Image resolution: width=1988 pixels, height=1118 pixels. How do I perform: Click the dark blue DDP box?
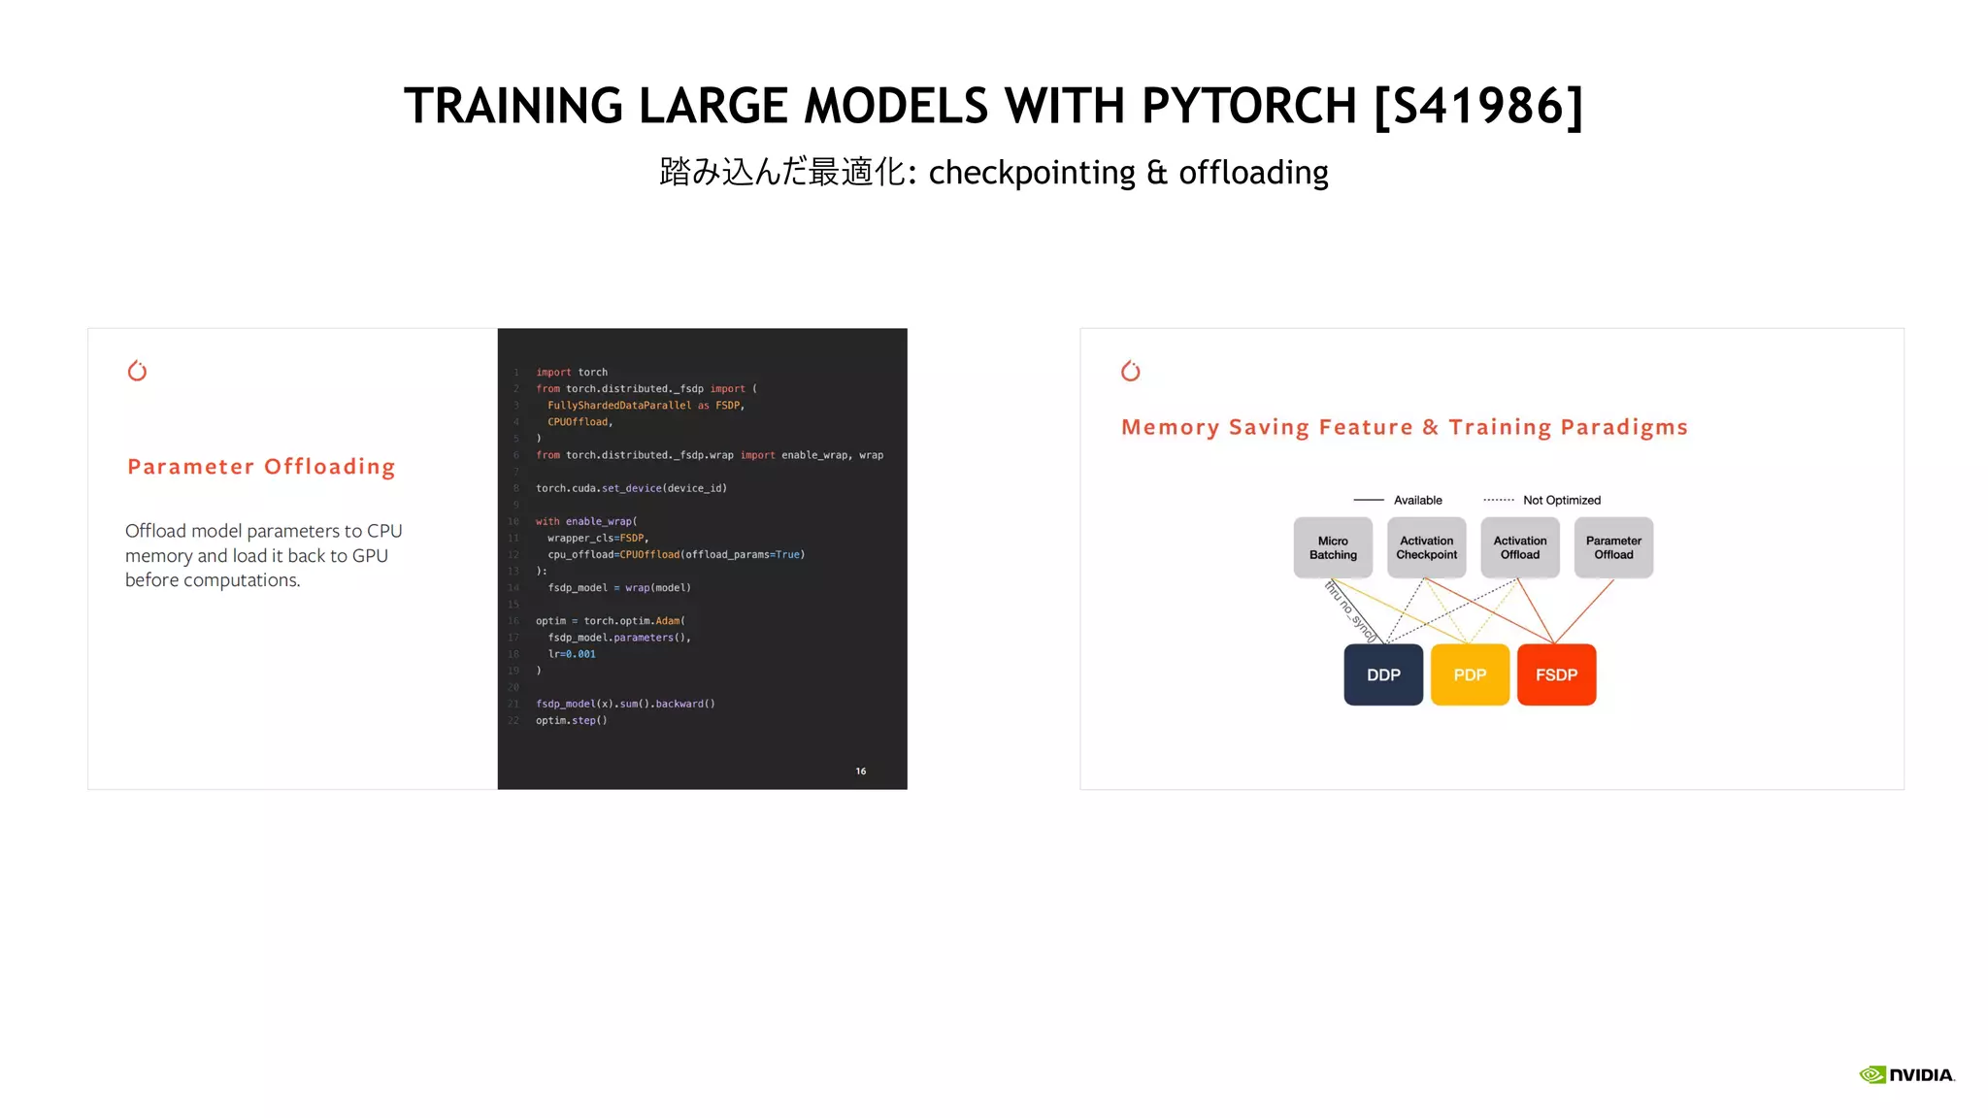pyautogui.click(x=1383, y=674)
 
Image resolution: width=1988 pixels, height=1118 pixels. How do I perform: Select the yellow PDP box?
pyautogui.click(x=1470, y=674)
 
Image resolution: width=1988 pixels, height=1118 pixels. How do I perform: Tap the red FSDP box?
pyautogui.click(x=1556, y=674)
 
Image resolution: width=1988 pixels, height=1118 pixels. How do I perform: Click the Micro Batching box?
pyautogui.click(x=1333, y=548)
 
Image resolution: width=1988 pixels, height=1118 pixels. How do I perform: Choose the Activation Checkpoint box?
pyautogui.click(x=1426, y=548)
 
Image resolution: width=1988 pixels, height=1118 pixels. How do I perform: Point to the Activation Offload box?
pyautogui.click(x=1520, y=548)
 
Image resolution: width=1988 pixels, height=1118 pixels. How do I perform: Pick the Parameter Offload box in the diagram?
pyautogui.click(x=1613, y=548)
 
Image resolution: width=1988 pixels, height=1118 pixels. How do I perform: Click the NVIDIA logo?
pyautogui.click(x=1906, y=1074)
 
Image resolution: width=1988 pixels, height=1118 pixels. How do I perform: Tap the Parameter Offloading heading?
pyautogui.click(x=261, y=467)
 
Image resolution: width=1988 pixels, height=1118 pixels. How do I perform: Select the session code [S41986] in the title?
pyautogui.click(x=1478, y=106)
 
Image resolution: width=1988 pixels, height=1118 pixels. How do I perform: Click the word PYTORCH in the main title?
pyautogui.click(x=1248, y=106)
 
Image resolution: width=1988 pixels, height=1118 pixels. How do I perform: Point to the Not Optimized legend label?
pyautogui.click(x=1561, y=501)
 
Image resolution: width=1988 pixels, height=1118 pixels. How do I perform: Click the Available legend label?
pyautogui.click(x=1417, y=501)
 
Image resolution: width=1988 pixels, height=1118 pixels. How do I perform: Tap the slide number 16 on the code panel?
pyautogui.click(x=861, y=772)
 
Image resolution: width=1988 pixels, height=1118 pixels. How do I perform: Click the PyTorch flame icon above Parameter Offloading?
pyautogui.click(x=137, y=371)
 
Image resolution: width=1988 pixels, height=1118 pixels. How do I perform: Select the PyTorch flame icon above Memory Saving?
pyautogui.click(x=1131, y=371)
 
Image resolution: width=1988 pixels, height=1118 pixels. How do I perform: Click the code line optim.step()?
pyautogui.click(x=572, y=721)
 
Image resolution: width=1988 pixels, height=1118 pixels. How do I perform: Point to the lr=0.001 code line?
pyautogui.click(x=572, y=654)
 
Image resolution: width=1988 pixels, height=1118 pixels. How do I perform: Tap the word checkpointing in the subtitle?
pyautogui.click(x=1032, y=173)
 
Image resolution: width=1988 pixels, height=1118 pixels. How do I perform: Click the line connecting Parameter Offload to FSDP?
pyautogui.click(x=1584, y=611)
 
